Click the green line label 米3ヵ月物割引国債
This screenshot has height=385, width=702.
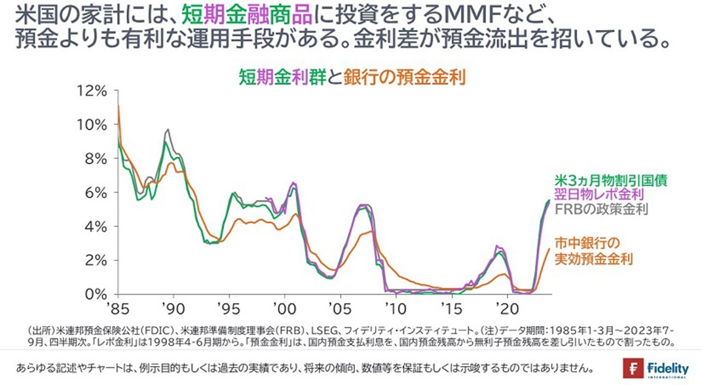coord(611,179)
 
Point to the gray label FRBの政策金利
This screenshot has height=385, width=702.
coord(601,209)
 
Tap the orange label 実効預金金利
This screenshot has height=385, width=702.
coord(594,259)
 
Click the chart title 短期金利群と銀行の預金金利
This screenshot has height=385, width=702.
coord(350,77)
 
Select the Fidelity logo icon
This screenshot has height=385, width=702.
coord(633,368)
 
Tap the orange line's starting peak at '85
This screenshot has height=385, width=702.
coord(118,106)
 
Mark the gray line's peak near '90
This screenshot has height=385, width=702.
coord(168,130)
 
